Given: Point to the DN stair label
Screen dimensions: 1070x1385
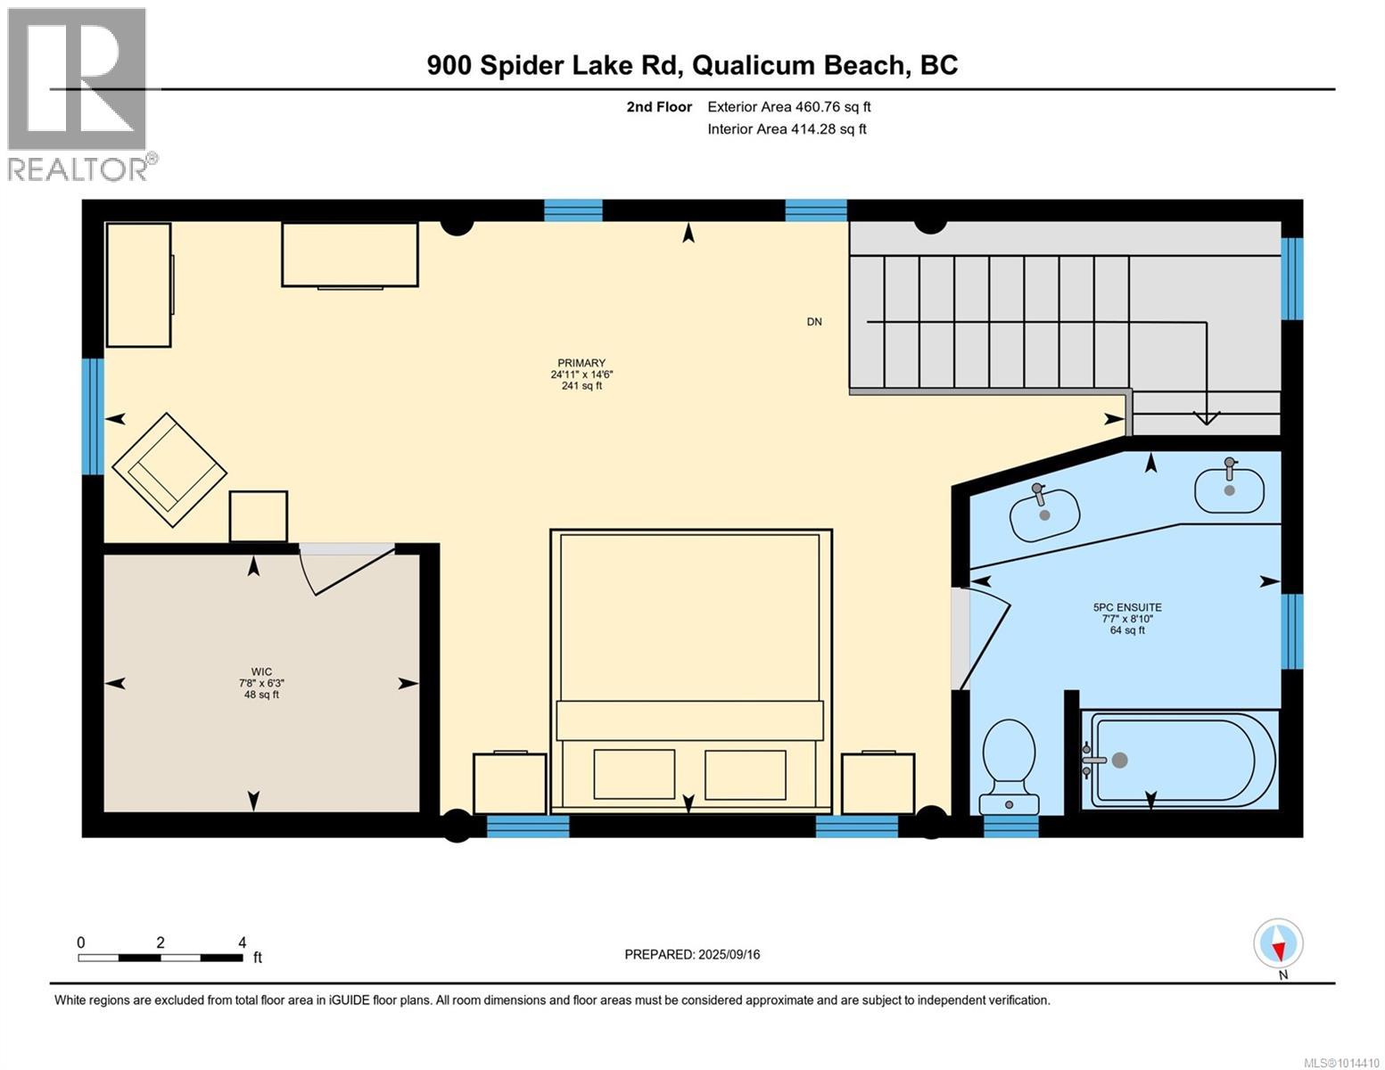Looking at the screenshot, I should pos(813,322).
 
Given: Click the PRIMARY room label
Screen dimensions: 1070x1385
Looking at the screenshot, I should pos(581,363).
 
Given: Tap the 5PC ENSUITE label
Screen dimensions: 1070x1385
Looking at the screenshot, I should pos(1127,608).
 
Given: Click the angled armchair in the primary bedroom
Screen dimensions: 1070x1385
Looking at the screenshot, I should pos(169,471).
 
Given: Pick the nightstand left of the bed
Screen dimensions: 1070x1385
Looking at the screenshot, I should pos(509,783).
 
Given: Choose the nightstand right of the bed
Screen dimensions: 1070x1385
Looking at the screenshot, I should pos(878,783).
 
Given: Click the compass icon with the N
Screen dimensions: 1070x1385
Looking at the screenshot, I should pos(1278,944).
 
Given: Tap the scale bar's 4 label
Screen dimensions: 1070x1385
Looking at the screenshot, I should pos(242,942).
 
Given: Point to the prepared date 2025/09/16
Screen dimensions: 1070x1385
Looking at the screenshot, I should pos(692,954).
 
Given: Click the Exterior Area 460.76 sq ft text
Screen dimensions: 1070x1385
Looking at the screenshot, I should pos(788,107).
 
